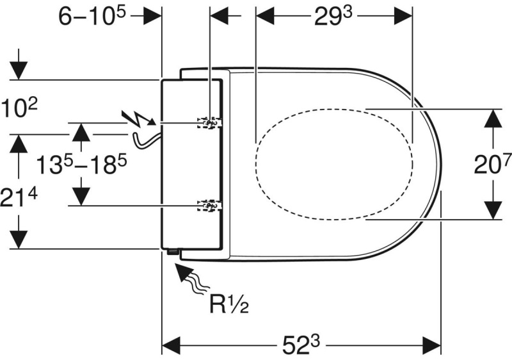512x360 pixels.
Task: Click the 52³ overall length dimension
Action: pos(301,345)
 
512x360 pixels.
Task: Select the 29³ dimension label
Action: pos(333,16)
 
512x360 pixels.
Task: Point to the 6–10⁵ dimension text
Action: pos(92,15)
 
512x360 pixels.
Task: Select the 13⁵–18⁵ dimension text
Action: pos(81,164)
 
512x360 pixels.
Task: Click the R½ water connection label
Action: pos(229,304)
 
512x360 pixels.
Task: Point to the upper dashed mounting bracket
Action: pos(210,122)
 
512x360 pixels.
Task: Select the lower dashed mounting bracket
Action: pos(210,206)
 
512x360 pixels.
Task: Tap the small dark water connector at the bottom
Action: pos(172,251)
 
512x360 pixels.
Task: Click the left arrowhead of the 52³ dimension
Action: pos(171,345)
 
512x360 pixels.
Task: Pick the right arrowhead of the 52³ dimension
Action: pos(432,345)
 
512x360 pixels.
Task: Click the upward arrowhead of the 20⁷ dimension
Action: pos(492,119)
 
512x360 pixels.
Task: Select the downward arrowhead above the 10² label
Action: pos(19,70)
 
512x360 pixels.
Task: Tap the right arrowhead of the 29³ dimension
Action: pos(403,15)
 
